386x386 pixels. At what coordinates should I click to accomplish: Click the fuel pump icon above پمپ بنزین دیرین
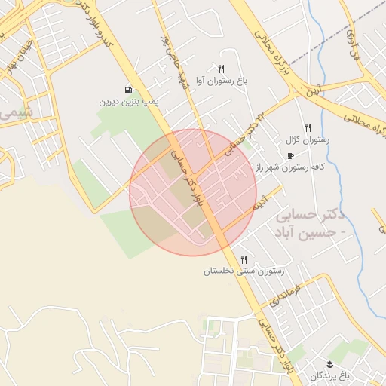127,89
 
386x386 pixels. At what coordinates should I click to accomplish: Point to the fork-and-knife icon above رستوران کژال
307,128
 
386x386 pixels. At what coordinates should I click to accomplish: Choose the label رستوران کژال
303,140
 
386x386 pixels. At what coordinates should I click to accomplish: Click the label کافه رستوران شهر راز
290,167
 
